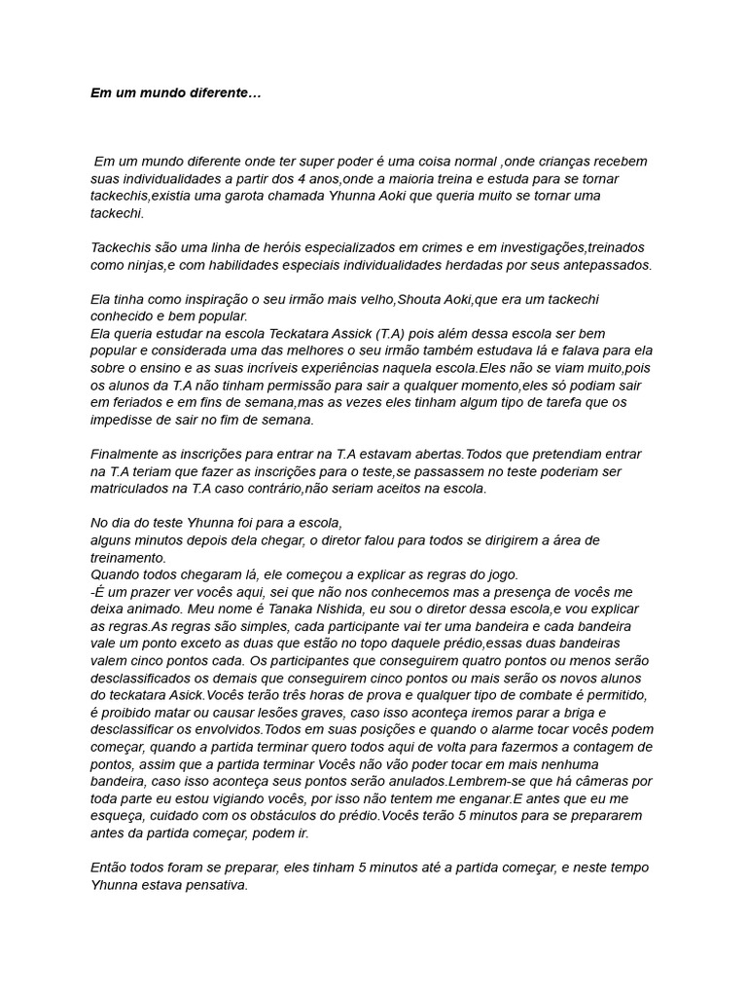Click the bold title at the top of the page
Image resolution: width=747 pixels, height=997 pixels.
175,94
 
